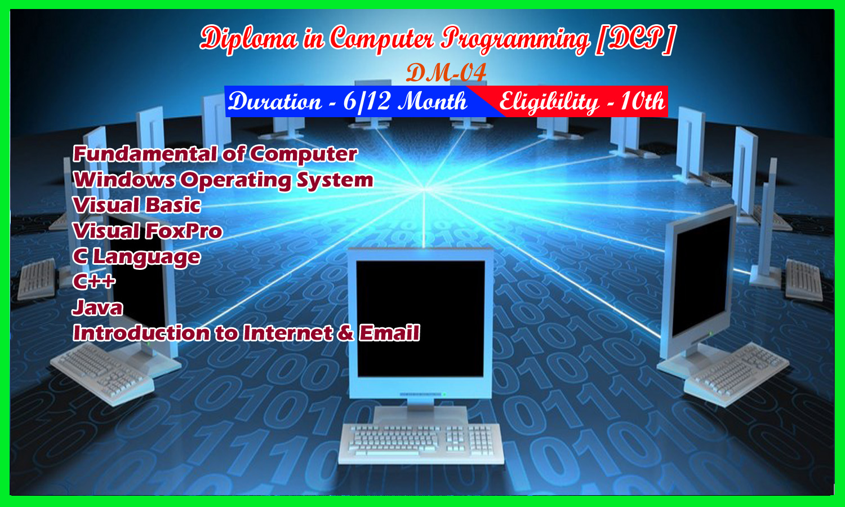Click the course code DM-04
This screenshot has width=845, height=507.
[446, 72]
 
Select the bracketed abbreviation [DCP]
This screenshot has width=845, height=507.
[635, 38]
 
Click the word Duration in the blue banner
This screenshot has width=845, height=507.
[275, 101]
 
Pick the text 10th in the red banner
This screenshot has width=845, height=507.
[642, 101]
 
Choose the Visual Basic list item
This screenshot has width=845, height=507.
[136, 205]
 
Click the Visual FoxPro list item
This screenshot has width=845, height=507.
[148, 231]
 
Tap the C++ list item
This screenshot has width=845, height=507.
[94, 282]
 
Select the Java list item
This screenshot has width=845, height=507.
[97, 308]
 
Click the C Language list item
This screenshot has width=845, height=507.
[136, 257]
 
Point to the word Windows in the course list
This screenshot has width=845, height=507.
[124, 180]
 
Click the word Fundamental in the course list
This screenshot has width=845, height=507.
[145, 154]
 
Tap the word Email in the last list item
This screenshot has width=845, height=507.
[389, 333]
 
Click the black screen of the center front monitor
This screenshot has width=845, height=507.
[421, 319]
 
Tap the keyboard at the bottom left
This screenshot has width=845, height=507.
[102, 373]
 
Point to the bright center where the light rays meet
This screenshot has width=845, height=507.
[424, 189]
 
